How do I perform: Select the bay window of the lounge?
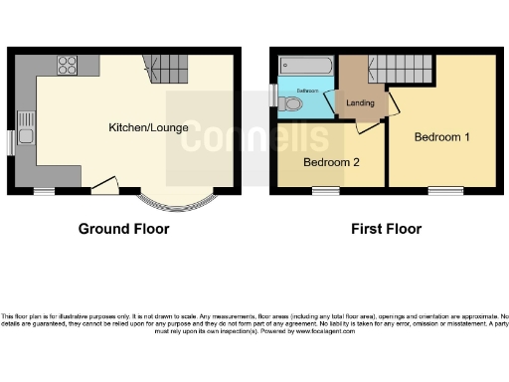[174, 201]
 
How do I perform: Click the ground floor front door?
[102, 185]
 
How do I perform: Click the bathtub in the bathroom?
[306, 68]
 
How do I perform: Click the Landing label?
[360, 102]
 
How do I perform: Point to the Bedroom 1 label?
[442, 136]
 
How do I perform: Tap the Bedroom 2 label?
[331, 162]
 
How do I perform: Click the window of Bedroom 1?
[442, 190]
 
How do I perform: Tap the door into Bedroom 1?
[392, 106]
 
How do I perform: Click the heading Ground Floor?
[123, 229]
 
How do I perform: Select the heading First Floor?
[386, 229]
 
